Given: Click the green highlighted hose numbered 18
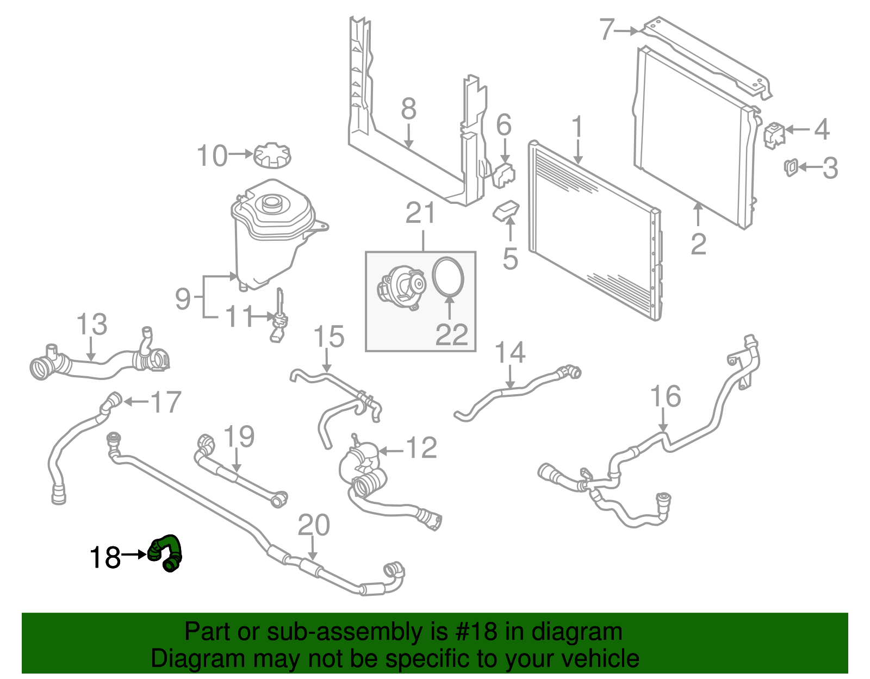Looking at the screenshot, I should pos(166,552).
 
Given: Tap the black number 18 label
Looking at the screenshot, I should pos(105,558).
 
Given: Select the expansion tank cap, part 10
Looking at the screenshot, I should pos(272,155).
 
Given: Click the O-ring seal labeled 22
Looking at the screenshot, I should pos(448,276).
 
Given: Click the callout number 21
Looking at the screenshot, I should pos(420,214).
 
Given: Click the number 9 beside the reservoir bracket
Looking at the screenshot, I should pos(183,299).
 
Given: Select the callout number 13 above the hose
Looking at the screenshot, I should pos(92,325).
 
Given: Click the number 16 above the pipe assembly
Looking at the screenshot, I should pos(666,396).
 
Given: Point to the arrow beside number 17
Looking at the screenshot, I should pos(136,402).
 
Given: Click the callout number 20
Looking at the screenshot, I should pos(314,525).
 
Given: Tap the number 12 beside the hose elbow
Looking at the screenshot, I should pos(421,448).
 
